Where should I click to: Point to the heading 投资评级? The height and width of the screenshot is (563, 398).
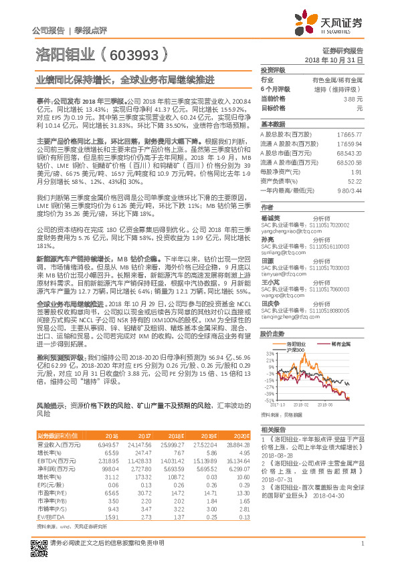(x=272, y=70)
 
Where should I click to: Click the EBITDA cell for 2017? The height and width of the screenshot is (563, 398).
(x=140, y=461)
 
